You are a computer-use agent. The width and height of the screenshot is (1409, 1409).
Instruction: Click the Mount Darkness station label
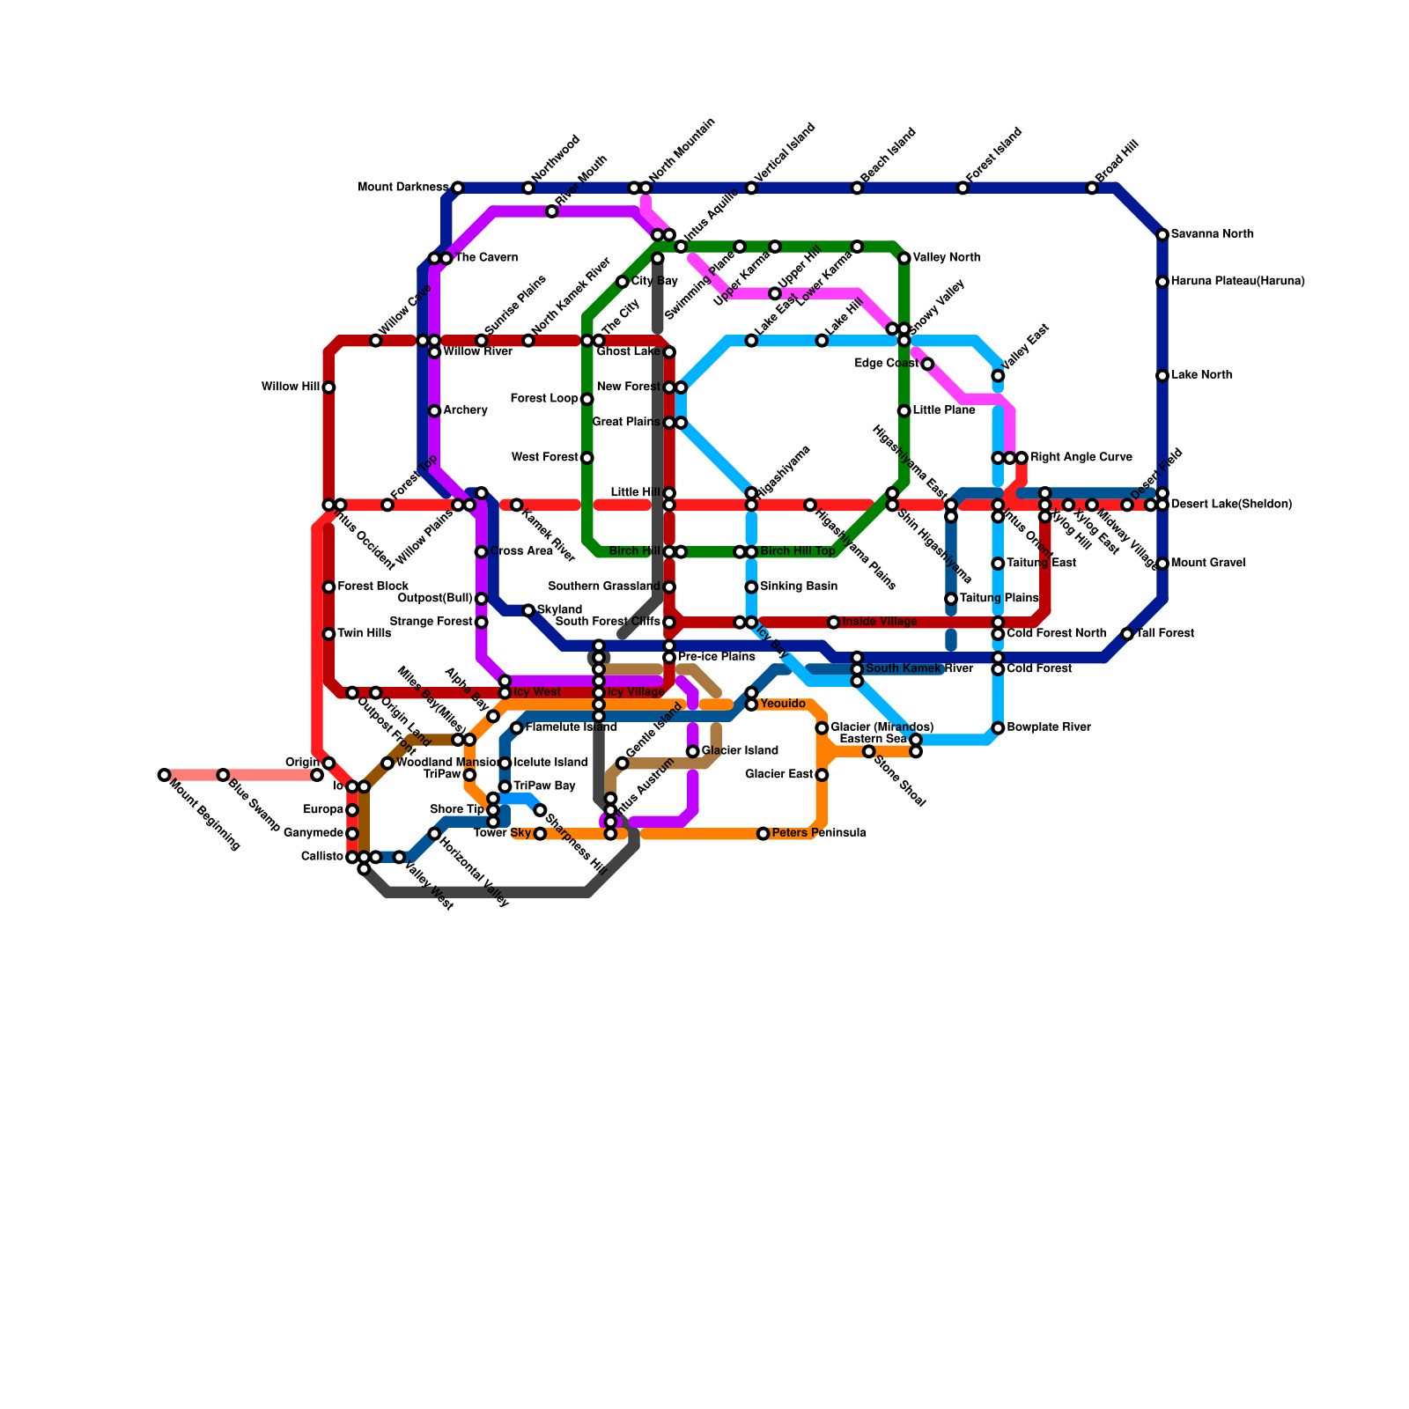[x=403, y=188]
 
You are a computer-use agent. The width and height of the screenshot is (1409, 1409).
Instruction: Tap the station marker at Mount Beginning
[x=164, y=775]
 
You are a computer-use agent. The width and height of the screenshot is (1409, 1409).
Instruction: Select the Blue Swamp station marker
[x=223, y=775]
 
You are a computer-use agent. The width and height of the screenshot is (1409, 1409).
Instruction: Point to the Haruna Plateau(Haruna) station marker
[x=1162, y=282]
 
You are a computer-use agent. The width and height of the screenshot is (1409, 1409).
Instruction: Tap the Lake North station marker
[x=1162, y=376]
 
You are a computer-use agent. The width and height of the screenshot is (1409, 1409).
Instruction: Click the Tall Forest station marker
[x=1127, y=634]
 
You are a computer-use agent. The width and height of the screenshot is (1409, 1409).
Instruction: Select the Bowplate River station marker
[x=998, y=728]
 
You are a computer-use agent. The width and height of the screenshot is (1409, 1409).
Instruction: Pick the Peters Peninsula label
[x=819, y=833]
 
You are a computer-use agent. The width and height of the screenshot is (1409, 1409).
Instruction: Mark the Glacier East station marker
[x=822, y=775]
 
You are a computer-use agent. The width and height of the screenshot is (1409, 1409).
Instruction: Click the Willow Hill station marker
[x=328, y=387]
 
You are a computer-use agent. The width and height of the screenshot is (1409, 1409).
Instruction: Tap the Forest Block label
[x=373, y=586]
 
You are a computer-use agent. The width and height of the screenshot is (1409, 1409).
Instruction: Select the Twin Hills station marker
[x=328, y=634]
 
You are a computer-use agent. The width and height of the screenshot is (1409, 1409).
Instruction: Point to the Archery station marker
[x=434, y=411]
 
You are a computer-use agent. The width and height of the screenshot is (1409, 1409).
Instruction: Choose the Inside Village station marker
[x=834, y=623]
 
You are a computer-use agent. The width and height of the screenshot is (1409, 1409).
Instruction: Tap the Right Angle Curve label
[x=1081, y=458]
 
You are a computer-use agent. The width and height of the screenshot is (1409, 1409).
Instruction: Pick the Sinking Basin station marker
[x=751, y=587]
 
